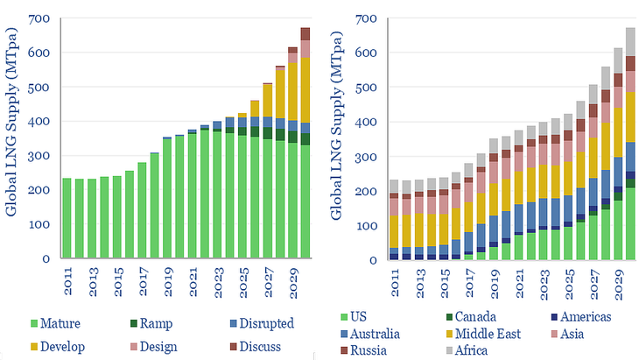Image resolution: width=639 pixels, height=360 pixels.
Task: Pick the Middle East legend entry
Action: (487, 334)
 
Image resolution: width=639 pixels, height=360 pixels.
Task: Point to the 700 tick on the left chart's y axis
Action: (42, 18)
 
